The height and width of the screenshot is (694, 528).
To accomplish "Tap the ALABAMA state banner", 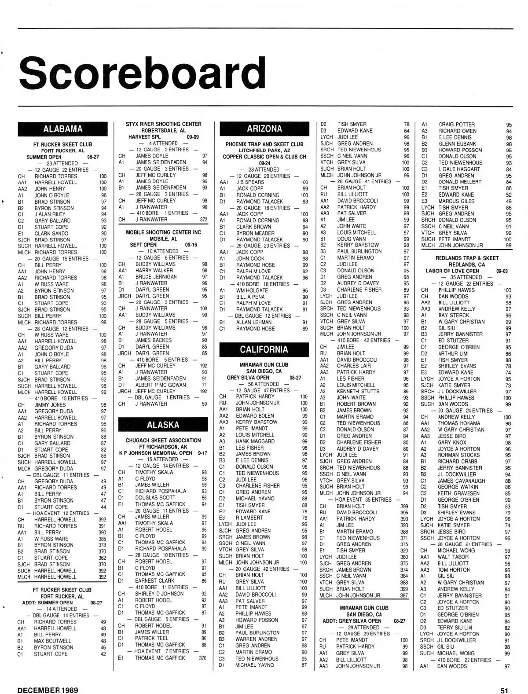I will pos(62,129).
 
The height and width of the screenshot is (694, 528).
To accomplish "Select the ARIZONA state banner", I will pos(264,129).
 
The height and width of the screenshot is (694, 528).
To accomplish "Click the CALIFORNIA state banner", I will pos(264,349).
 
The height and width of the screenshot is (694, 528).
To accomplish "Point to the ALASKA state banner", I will pos(163,425).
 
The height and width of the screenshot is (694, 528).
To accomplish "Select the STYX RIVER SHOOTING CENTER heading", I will pos(163,124).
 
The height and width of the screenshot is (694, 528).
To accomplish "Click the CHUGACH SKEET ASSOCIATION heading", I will pos(163,440).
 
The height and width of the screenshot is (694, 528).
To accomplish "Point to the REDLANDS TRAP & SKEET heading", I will pos(467,258).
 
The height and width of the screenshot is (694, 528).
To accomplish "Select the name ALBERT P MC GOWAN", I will pos(161,385).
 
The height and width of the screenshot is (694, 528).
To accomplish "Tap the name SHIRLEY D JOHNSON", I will pos(159,594).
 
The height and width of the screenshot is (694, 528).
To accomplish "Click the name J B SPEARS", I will pos(250,182).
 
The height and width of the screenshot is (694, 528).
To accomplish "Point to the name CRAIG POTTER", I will pos(456,125).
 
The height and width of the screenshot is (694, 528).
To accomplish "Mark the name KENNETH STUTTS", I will pos(358,391).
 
